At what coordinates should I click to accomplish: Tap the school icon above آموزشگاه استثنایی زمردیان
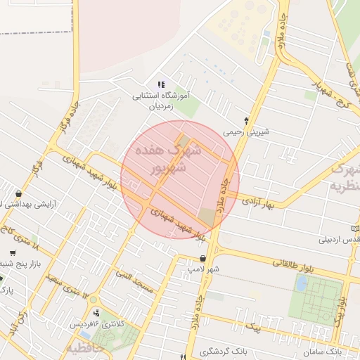(x=162, y=84)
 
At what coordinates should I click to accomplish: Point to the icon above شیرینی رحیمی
(x=246, y=120)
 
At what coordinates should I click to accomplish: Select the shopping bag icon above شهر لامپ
(x=203, y=257)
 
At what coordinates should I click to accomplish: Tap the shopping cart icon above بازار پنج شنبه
(x=13, y=253)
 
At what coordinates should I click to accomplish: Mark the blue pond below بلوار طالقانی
(x=302, y=283)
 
